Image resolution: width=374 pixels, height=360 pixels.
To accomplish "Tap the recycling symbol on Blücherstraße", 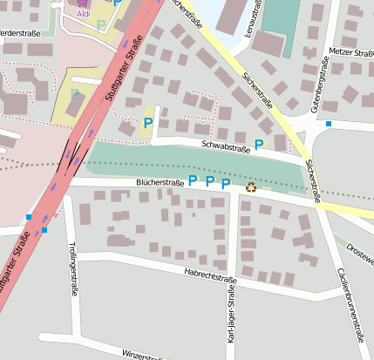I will click(252, 186).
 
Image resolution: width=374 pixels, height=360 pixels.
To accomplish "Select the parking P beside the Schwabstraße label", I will click(258, 144).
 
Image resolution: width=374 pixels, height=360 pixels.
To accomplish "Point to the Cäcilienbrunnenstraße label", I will click(350, 296).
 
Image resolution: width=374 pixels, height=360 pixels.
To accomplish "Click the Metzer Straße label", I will click(351, 52).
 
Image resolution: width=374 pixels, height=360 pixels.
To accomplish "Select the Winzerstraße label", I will click(142, 354).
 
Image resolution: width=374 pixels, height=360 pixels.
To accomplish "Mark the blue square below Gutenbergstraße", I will click(329, 125).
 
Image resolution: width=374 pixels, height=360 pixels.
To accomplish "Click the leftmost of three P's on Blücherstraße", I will click(193, 180).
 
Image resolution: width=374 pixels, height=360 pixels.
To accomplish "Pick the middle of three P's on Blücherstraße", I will click(209, 182).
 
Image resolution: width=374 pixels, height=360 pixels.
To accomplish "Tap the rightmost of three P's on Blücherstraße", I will click(226, 183).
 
